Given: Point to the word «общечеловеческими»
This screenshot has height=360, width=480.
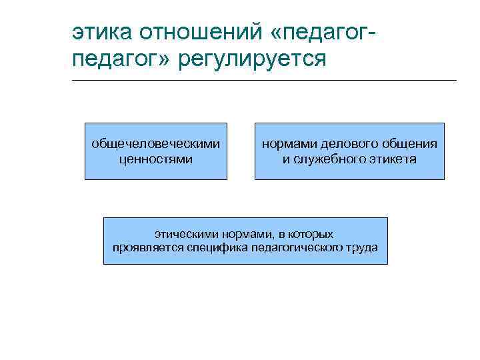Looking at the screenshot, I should [155, 144].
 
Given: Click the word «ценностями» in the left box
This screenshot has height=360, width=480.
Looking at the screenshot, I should [155, 159].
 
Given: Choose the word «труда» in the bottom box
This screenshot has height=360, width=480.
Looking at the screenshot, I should [360, 248].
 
